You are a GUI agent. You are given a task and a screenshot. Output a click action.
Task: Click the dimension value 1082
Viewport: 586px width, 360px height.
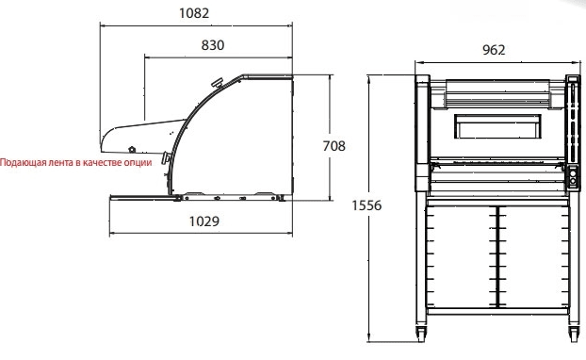[x=194, y=13]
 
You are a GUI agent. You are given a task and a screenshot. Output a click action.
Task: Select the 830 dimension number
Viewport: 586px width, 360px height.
[x=213, y=45]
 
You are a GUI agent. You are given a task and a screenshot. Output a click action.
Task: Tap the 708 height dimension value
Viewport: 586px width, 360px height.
[x=334, y=146]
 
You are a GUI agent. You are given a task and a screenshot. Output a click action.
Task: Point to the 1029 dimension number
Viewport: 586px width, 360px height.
[x=204, y=221]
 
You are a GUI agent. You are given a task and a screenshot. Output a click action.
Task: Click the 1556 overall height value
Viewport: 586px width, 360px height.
[x=366, y=205]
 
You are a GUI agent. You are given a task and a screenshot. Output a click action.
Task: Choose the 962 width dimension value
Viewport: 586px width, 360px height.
[x=494, y=50]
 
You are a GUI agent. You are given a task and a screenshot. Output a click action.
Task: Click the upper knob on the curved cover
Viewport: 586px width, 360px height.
[x=217, y=83]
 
